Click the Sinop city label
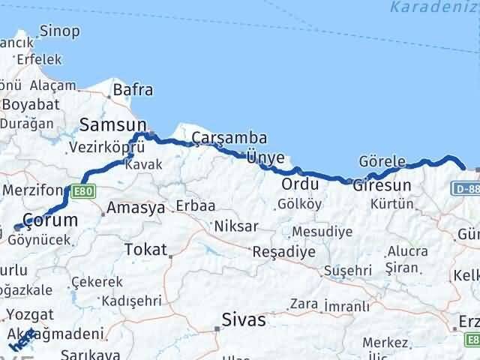pos(59,31)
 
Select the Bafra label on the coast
pos(133,91)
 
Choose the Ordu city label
pos(301,184)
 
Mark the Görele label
pos(382,162)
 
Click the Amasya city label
pos(136,208)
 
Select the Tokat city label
pos(145,249)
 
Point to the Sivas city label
pos(244,320)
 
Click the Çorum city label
pos(50,220)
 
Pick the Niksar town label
pos(236,226)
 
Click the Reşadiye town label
pos(284,252)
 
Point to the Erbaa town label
pos(195,205)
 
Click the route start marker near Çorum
pos(17,227)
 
